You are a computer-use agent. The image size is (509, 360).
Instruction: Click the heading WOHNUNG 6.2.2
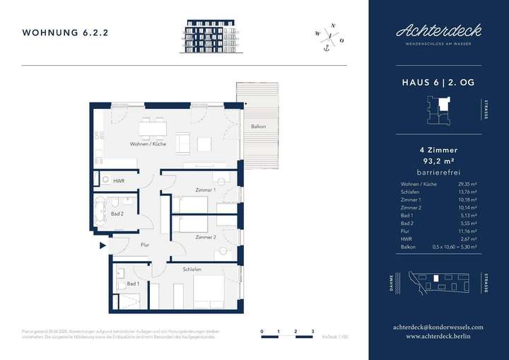[x=65, y=33]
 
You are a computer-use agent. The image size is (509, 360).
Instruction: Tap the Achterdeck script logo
[x=438, y=30]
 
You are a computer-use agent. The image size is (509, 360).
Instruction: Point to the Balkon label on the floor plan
[x=258, y=127]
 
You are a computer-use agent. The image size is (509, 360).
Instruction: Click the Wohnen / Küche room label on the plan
[x=148, y=144]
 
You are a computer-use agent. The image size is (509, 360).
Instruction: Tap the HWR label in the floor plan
[x=119, y=180]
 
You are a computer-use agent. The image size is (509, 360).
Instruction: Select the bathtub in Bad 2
[x=100, y=210]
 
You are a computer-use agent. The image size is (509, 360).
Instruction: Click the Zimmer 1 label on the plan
[x=205, y=190]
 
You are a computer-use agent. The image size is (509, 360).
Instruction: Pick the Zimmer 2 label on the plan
[x=206, y=237]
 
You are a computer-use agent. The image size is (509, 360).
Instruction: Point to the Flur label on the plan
[x=144, y=245]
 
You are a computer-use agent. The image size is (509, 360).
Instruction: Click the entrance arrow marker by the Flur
[x=103, y=246]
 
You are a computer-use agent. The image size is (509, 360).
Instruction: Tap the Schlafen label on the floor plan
[x=192, y=269]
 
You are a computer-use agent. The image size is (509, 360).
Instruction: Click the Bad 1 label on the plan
[x=132, y=284]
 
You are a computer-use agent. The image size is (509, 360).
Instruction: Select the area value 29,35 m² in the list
[x=467, y=185]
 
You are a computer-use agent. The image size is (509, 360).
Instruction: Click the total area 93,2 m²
[x=438, y=161]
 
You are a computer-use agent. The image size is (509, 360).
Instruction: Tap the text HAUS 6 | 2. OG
[x=438, y=83]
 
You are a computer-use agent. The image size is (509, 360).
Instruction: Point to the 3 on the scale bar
[x=312, y=331]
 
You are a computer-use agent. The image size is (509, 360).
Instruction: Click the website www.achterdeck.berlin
[x=438, y=337]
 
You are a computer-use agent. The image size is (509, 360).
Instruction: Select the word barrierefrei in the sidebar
[x=438, y=170]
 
